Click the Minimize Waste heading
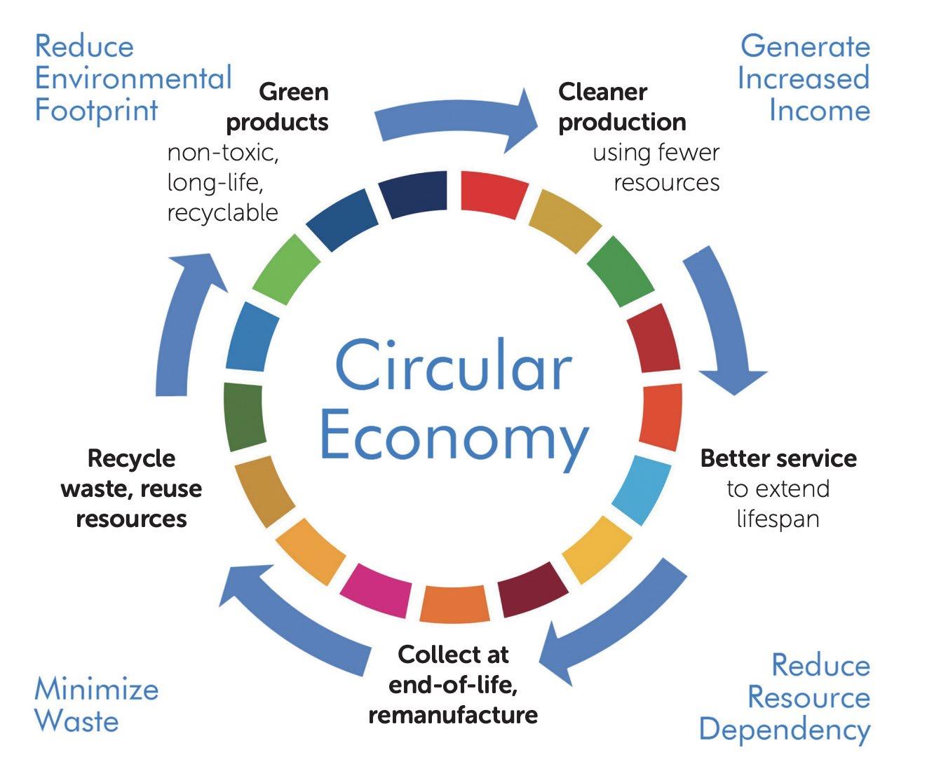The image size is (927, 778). pos(96,704)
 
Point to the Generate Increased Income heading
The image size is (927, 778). pos(804,78)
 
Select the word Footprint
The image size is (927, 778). pos(97,110)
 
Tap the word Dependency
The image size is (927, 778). pos(784,729)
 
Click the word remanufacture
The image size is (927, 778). pos(453,714)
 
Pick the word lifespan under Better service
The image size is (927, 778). pos(778,519)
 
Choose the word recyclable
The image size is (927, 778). pos(222,212)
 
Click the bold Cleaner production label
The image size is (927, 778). pos(621,107)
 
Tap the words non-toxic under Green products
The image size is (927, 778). pos(223,152)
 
